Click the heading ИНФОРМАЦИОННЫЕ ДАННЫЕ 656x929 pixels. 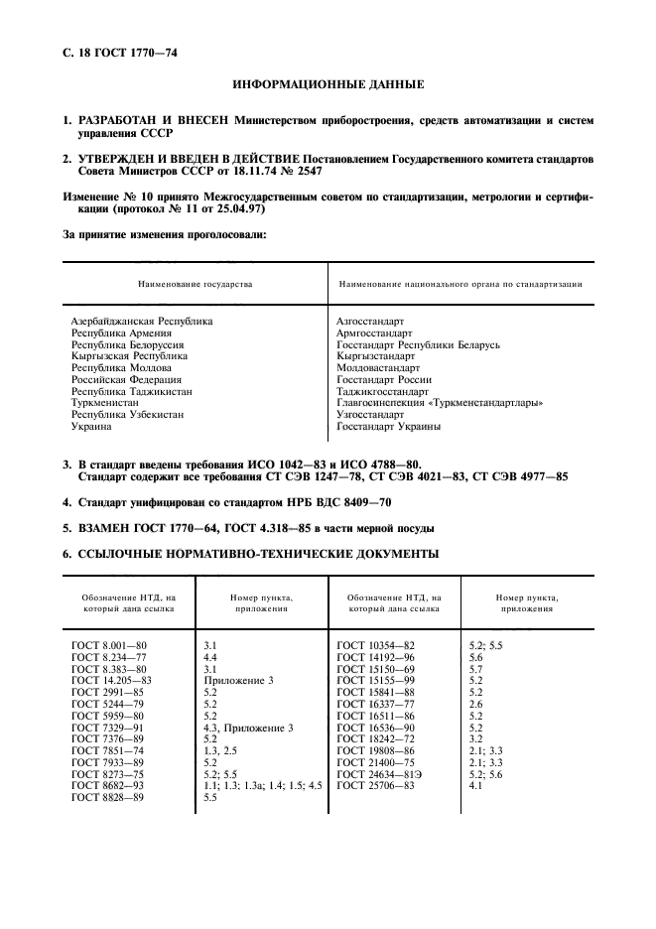(328, 85)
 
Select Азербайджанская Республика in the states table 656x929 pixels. (141, 322)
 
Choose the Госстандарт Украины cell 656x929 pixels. (389, 427)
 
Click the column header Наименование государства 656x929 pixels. (195, 284)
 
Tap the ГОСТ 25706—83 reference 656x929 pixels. (375, 785)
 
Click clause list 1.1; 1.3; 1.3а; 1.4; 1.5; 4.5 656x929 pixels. (263, 785)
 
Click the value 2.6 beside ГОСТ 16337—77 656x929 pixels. (475, 704)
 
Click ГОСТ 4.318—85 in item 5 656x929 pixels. (255, 528)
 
